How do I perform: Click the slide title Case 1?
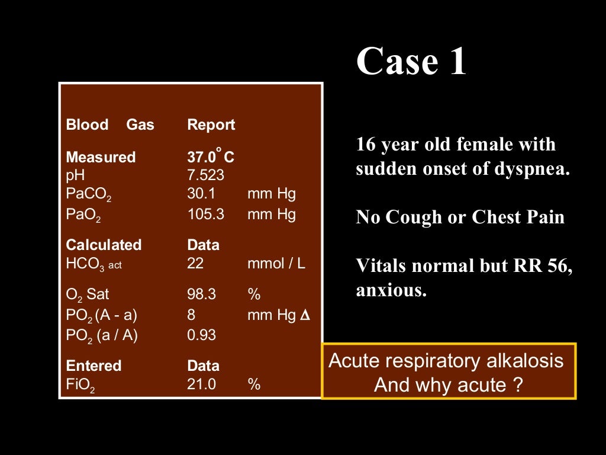click(x=411, y=62)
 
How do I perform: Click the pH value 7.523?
click(x=205, y=175)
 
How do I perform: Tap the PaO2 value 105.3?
click(x=205, y=214)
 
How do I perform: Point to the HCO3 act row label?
click(x=94, y=264)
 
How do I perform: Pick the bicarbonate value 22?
click(x=195, y=264)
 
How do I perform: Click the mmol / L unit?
click(x=276, y=264)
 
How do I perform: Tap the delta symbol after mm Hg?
click(x=305, y=315)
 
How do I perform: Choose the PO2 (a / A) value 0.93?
click(x=201, y=335)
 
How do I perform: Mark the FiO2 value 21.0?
click(x=201, y=384)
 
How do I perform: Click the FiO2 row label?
click(x=80, y=384)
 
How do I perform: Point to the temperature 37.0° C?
click(x=211, y=157)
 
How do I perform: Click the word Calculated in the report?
click(x=104, y=245)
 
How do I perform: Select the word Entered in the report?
click(x=94, y=366)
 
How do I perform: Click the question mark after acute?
click(x=518, y=386)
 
